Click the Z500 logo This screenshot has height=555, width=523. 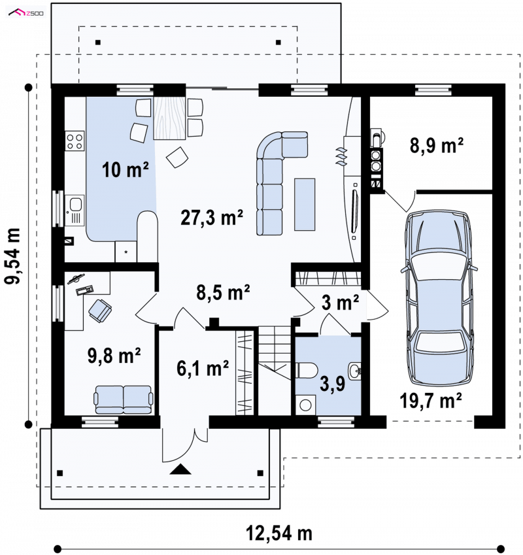pos(26,13)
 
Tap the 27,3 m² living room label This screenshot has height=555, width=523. pos(212,217)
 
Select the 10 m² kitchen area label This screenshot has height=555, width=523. pos(126,169)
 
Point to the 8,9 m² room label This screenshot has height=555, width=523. pos(437,145)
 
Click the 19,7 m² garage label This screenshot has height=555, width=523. pos(431,401)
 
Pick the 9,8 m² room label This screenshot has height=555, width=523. pos(114,356)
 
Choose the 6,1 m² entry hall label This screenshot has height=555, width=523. pos(203,368)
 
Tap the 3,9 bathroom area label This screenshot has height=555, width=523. pos(332,383)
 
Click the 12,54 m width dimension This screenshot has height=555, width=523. pos(279,533)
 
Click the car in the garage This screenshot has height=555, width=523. pos(439,298)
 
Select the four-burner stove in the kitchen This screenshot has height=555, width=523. pos(75,141)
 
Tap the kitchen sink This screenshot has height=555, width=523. pos(75,210)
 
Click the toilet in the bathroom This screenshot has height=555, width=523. pos(307,370)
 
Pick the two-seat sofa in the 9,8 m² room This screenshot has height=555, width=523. pos(123,399)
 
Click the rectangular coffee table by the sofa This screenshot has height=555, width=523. pos(304,205)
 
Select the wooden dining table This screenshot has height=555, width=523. pos(169,118)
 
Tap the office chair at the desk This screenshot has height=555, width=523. pos(100,311)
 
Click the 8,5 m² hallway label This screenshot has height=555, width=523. pos(224,292)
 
